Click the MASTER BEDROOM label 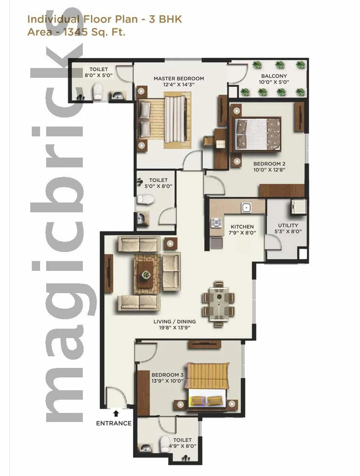[x=178, y=79]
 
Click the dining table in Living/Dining [x=218, y=304]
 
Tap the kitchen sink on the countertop [x=246, y=207]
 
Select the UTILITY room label [x=288, y=226]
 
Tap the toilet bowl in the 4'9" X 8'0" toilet [x=165, y=443]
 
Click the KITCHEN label [x=242, y=227]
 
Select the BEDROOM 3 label [x=167, y=375]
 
